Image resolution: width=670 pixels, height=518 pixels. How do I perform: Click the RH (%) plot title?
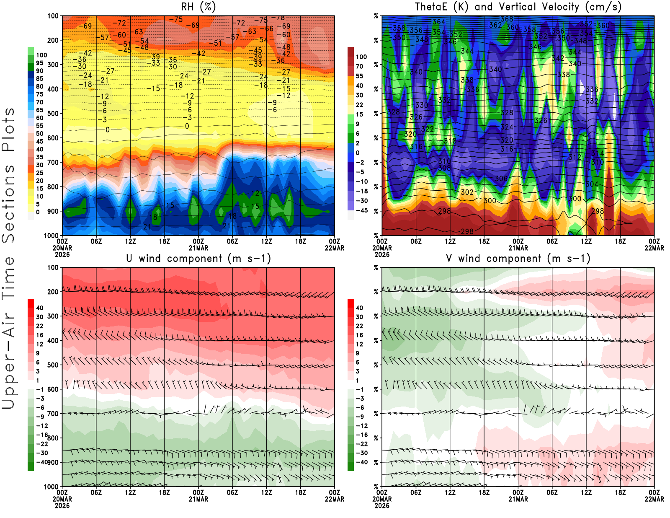[x=198, y=7]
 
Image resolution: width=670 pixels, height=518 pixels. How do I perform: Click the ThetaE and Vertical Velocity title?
[x=518, y=7]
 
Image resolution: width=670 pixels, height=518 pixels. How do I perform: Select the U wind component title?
[x=198, y=259]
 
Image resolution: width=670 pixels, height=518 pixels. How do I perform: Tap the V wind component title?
[x=518, y=259]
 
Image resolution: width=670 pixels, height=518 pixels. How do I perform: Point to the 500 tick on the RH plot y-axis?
[x=53, y=114]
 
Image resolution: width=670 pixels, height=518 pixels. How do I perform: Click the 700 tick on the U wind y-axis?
[x=53, y=414]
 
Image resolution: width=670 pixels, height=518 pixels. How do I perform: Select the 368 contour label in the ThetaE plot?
[x=507, y=19]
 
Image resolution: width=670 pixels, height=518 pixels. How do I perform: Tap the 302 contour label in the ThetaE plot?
[x=467, y=192]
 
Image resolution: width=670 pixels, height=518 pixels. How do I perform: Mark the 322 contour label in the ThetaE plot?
[x=428, y=129]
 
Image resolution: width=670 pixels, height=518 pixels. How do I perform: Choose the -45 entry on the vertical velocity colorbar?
[x=362, y=210]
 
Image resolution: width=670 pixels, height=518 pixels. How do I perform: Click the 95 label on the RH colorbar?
[x=39, y=63]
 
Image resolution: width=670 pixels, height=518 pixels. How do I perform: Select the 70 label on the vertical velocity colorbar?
[x=359, y=66]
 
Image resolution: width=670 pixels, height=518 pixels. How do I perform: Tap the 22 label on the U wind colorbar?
[x=39, y=326]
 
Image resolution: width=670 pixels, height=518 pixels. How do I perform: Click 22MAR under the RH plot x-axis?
[x=335, y=248]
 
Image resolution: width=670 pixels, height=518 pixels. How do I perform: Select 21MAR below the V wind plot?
[x=518, y=499]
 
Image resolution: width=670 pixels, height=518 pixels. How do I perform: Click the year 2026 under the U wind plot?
[x=62, y=506]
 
